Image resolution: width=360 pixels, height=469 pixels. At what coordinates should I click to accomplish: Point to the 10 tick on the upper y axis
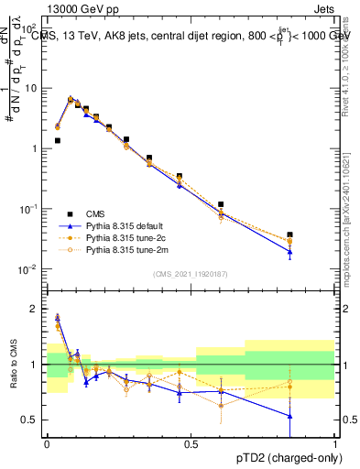[33, 89]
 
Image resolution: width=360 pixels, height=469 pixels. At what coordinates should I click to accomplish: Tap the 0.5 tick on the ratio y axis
[33, 420]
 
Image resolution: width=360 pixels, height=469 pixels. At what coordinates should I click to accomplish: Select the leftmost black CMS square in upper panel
[58, 141]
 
